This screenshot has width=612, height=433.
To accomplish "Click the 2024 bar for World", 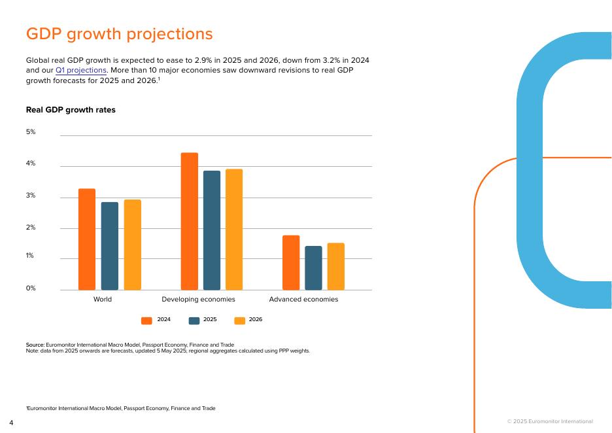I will pos(87,239).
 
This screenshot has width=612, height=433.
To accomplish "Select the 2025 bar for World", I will pos(110,246).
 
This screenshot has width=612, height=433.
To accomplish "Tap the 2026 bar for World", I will pos(133,245).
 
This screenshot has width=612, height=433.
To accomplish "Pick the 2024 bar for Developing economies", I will pos(190,221).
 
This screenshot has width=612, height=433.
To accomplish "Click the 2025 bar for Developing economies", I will pos(212,230).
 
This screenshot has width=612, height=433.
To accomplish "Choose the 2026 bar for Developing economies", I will pos(234,230).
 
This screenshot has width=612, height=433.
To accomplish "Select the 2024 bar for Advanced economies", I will pos(291,262).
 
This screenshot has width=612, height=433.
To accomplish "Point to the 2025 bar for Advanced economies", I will pos(314,268).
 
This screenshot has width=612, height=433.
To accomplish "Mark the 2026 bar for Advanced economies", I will pos(336,266).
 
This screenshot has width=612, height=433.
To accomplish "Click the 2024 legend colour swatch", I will pos(146,320).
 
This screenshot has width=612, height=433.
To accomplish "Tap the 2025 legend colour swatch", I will pos(194,320).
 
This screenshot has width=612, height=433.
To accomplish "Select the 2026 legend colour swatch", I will pos(239,320).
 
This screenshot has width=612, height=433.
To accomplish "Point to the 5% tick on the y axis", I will pos(31,132).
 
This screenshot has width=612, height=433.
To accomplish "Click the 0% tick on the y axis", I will pos(31,288).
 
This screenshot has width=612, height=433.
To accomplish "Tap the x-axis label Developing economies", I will pos(198,300).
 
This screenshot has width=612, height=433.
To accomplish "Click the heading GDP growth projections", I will pos(119,34).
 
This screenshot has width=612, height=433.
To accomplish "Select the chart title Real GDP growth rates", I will pos(71,110).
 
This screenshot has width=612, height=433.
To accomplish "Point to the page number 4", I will pos(11,423).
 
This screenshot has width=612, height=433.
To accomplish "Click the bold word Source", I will pos(35,345).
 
